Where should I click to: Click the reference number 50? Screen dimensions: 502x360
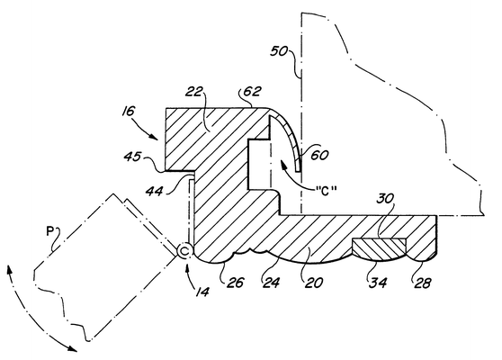[279, 51]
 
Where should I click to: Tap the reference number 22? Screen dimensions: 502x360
[194, 92]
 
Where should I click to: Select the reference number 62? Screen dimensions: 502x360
[252, 91]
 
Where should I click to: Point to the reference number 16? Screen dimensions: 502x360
[128, 111]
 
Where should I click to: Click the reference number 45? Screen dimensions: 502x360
[132, 157]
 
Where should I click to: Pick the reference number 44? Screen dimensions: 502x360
[155, 191]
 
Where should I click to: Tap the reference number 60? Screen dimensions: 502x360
[319, 155]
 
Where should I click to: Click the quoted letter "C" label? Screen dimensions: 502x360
[325, 191]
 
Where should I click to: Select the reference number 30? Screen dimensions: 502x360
[385, 199]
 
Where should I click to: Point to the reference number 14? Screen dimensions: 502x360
[203, 291]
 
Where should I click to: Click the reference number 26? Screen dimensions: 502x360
[236, 283]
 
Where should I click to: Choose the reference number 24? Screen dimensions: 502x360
[271, 283]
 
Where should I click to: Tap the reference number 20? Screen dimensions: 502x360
[313, 283]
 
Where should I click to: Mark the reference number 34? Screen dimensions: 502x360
[378, 283]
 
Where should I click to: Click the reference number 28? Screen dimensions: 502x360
[422, 283]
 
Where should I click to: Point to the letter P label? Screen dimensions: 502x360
[49, 231]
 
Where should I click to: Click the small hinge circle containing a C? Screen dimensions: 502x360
[184, 251]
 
